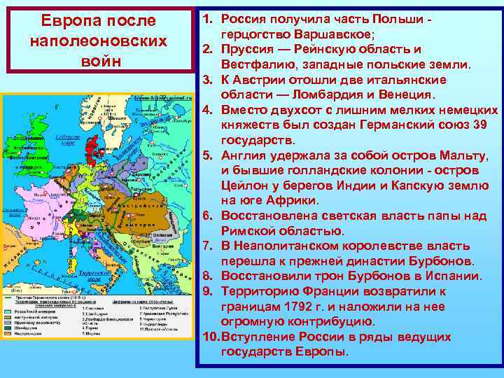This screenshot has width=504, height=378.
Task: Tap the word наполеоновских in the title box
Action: (98, 41)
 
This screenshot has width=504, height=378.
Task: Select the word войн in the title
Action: (98, 60)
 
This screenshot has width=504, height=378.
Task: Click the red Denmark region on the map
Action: (92, 147)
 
